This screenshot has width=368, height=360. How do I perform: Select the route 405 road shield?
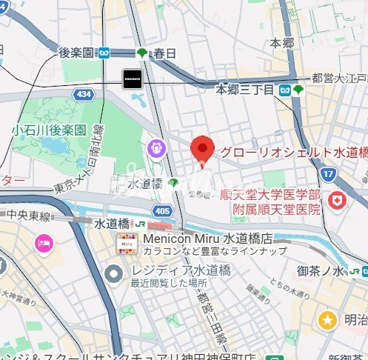(x=164, y=212)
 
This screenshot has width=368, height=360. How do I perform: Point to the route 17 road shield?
(x=329, y=175)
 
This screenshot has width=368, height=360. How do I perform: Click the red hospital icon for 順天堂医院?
(x=338, y=199)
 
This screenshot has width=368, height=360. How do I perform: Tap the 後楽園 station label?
(x=76, y=53)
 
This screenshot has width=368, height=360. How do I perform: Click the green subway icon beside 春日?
(x=141, y=53)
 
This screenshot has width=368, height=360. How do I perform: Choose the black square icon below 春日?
(x=134, y=78)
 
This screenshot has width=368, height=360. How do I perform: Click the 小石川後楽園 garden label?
(x=49, y=129)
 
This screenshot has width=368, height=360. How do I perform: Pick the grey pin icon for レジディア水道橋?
(x=113, y=274)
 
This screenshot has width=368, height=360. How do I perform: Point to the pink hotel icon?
(x=44, y=242)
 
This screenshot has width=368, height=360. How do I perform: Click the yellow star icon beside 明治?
(x=327, y=320)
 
